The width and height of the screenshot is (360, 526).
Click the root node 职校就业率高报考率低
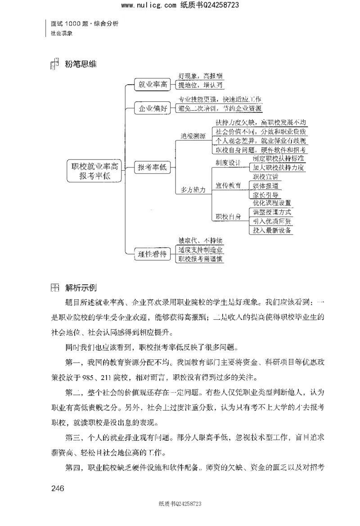click(x=94, y=171)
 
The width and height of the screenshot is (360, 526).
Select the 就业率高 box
click(x=153, y=84)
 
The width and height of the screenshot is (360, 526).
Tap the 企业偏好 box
click(x=153, y=108)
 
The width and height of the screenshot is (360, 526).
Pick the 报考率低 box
click(x=153, y=168)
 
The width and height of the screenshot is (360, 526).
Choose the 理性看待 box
click(x=153, y=254)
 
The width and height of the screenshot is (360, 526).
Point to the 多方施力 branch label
click(x=193, y=190)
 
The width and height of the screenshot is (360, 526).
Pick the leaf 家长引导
click(x=265, y=195)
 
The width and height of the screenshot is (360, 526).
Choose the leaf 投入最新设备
click(x=273, y=230)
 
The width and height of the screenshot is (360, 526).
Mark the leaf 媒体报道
click(x=265, y=185)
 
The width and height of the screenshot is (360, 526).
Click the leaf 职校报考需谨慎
click(x=200, y=258)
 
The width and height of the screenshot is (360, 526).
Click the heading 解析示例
click(x=81, y=287)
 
